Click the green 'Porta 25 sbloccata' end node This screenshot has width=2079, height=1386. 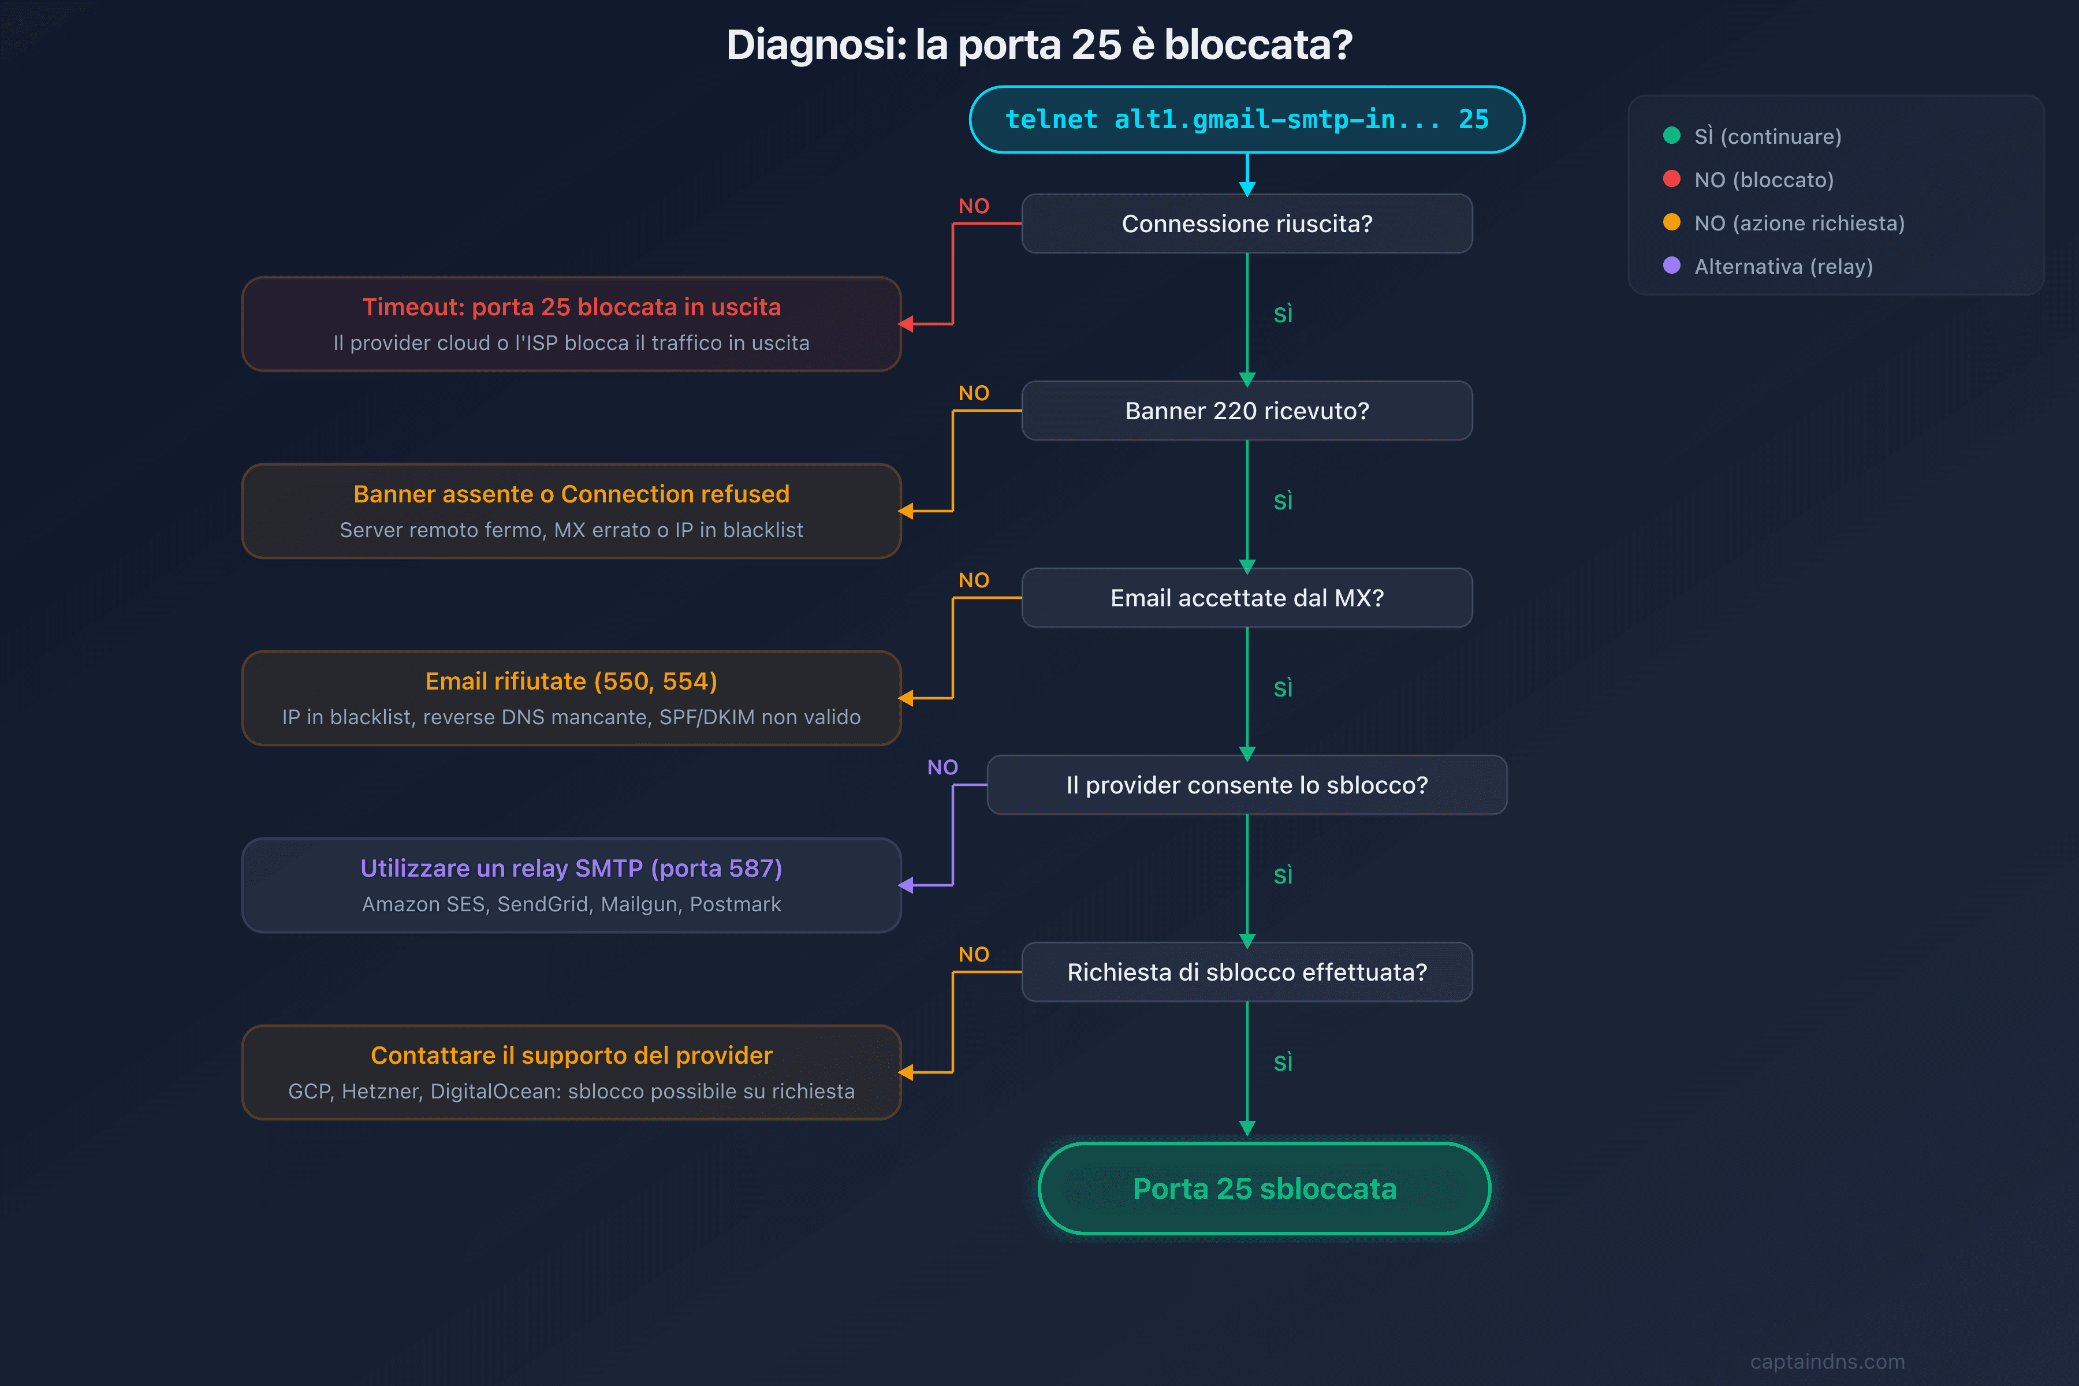pos(1264,1189)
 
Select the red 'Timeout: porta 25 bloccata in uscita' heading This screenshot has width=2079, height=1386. pos(571,307)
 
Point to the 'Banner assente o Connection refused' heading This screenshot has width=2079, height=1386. pos(571,494)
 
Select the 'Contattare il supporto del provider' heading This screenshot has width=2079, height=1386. pos(571,1056)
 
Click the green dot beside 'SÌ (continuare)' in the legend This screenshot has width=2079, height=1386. pos(1671,135)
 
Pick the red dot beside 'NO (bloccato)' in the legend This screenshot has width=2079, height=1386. pos(1671,178)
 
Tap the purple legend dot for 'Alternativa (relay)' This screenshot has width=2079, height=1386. pos(1671,265)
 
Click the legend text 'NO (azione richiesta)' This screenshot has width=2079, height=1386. pos(1799,223)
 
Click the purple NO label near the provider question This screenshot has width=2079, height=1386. pos(942,767)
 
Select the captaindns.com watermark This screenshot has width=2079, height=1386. pos(1827,1361)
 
